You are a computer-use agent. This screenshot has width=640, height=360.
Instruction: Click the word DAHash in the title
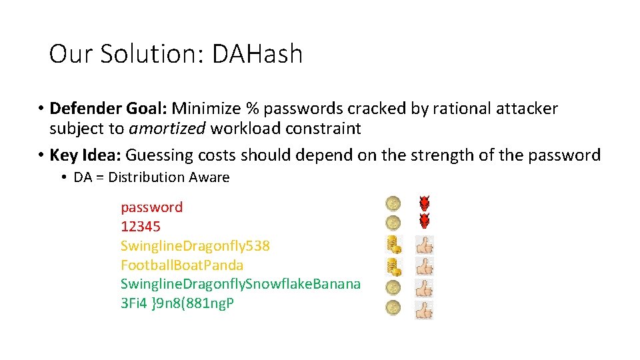point(257,54)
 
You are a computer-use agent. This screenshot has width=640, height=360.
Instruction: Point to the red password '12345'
point(141,227)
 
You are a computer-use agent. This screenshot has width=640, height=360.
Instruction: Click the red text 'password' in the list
point(151,207)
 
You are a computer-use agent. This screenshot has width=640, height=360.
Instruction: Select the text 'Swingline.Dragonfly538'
point(195,246)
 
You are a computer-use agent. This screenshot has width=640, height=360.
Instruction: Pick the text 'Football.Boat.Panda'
point(182,265)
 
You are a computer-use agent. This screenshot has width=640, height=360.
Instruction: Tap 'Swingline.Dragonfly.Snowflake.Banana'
point(241,285)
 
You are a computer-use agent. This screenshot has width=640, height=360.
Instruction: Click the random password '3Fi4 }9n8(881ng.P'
point(177,304)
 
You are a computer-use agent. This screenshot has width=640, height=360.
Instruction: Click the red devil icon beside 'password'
point(424,203)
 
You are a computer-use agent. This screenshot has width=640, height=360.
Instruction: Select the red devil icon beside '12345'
point(424,221)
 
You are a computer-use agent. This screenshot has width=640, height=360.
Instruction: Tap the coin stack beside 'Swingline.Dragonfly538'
point(394,245)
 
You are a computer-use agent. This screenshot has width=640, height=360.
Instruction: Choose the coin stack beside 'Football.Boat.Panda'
point(394,267)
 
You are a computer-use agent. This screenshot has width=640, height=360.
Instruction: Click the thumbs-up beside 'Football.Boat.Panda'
point(424,267)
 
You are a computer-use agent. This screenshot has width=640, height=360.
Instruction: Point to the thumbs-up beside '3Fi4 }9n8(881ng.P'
point(424,309)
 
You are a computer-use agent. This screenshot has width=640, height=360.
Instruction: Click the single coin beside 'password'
point(393,203)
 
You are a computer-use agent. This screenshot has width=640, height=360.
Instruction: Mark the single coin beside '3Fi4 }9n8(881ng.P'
point(393,308)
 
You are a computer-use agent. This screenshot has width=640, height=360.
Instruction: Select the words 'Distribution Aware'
point(169,177)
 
